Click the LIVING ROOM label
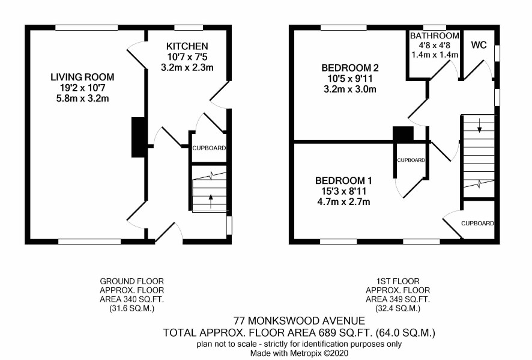[82, 77]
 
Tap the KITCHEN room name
[187, 46]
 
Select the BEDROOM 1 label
[343, 180]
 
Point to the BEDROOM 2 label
[350, 68]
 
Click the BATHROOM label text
[435, 35]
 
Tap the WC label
[479, 45]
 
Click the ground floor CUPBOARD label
[209, 148]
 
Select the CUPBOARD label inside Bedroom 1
[411, 160]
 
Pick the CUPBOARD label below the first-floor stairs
[477, 223]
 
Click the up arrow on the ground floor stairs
[211, 201]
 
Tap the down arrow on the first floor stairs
[479, 125]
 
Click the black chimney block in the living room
[138, 137]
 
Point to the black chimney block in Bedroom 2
[403, 133]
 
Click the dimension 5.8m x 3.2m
[82, 99]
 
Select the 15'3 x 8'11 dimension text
[343, 191]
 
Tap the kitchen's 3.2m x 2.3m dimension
[187, 67]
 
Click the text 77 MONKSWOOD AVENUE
[299, 320]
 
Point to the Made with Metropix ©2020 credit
[299, 353]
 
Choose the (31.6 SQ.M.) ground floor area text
[131, 309]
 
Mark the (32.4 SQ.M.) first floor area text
[397, 309]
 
